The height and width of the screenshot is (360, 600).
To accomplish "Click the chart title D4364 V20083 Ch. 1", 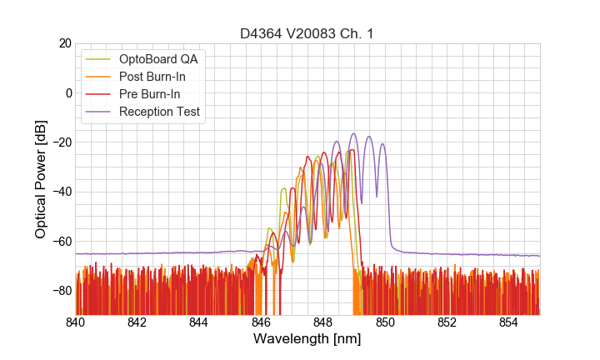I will pyautogui.click(x=307, y=33).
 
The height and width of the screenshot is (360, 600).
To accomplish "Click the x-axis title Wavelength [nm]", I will pyautogui.click(x=307, y=339).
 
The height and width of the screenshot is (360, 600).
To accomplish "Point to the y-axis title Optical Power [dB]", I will pyautogui.click(x=40, y=178).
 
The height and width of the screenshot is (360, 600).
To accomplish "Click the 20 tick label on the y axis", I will pyautogui.click(x=64, y=43).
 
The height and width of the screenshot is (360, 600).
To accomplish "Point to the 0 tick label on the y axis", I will pyautogui.click(x=67, y=92).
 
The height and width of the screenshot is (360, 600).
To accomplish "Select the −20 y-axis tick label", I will pyautogui.click(x=61, y=142).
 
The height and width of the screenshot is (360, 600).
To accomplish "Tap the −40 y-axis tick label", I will pyautogui.click(x=61, y=192).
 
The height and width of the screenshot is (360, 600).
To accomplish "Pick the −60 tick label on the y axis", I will pyautogui.click(x=61, y=241).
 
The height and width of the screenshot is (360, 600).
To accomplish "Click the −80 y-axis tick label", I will pyautogui.click(x=61, y=290).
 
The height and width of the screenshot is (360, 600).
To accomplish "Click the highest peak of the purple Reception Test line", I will pyautogui.click(x=354, y=133).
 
